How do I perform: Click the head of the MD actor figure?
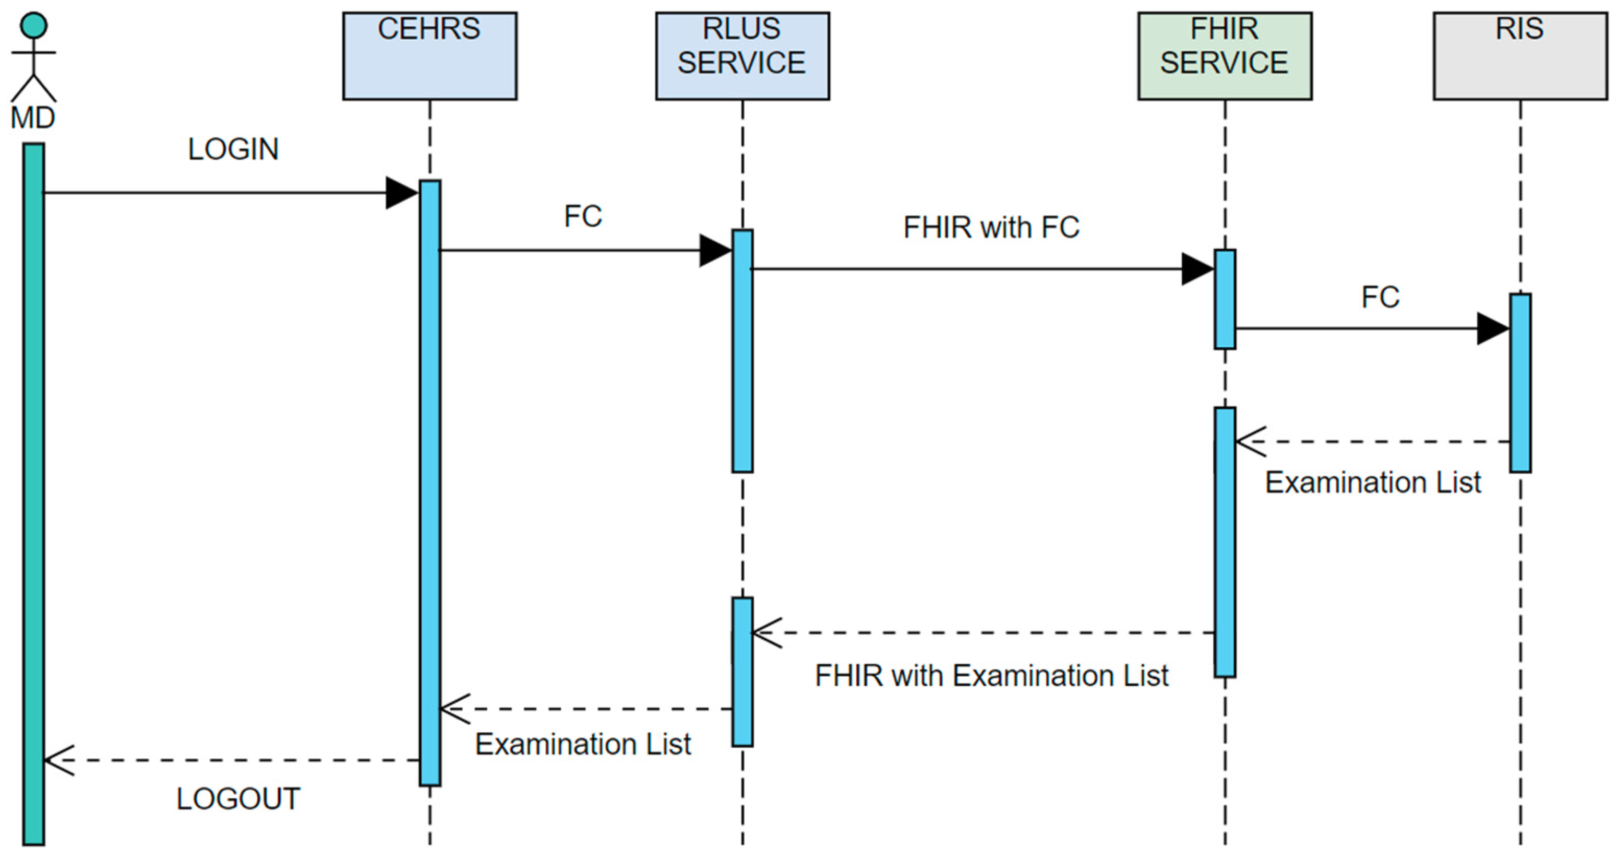coord(33,26)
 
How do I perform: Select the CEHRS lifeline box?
coord(429,56)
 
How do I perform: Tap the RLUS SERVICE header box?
coord(742,56)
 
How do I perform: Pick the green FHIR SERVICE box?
coord(1224,56)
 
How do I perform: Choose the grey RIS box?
coord(1519,56)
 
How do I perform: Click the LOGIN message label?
coord(233,149)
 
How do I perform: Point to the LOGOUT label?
coord(238,799)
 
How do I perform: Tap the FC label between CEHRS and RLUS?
coord(582,217)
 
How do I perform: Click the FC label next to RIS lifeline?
coord(1380,297)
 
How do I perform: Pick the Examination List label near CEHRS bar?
coord(582,745)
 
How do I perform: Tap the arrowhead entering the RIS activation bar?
coord(1493,328)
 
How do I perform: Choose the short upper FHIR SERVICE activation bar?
coord(1224,299)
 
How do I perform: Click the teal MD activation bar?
coord(33,493)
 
